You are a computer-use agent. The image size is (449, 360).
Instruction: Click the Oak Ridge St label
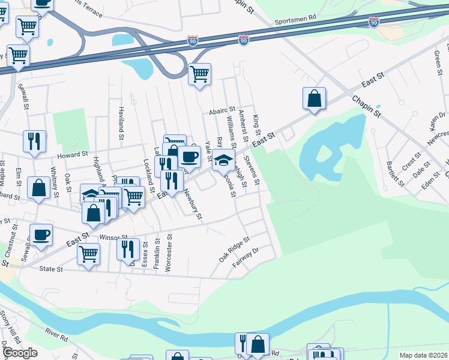[234, 248]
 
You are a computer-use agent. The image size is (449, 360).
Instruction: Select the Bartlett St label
[393, 173]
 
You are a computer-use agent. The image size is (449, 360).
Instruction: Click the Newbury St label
[193, 205]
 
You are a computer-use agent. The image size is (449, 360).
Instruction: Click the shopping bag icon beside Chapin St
[315, 98]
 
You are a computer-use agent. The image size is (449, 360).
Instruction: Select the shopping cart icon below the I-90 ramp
[199, 74]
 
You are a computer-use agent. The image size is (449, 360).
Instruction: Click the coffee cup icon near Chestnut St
[41, 235]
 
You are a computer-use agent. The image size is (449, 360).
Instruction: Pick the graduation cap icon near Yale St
[223, 160]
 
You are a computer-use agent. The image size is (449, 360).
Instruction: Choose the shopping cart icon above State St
[89, 253]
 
